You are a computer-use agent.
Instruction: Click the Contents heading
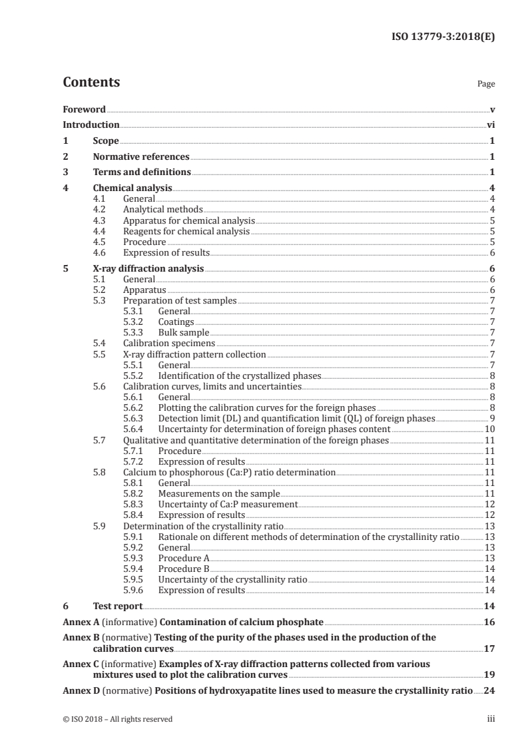[91, 83]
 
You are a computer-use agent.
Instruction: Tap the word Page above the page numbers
[486, 85]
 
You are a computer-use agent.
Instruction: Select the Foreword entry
[84, 109]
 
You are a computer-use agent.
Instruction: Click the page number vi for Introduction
[490, 124]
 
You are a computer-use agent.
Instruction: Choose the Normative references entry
[141, 156]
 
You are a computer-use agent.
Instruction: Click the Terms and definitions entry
[142, 172]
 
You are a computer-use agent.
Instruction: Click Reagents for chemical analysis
[186, 231]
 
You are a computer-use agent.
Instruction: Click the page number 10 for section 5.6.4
[489, 429]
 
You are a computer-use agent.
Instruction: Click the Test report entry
[117, 606]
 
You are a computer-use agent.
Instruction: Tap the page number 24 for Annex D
[489, 690]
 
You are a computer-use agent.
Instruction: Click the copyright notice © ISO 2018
[117, 719]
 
